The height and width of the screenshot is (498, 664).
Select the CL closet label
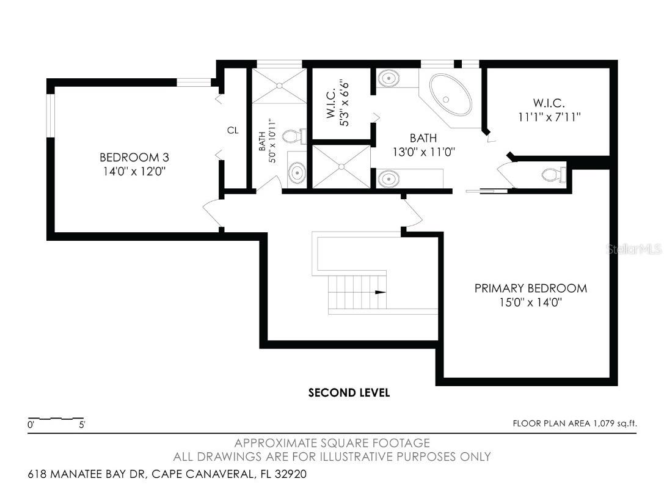(233, 130)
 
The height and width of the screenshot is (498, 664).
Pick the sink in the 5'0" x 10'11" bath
(297, 172)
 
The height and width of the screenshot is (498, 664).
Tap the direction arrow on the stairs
(380, 292)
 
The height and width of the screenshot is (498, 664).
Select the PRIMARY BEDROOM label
(530, 288)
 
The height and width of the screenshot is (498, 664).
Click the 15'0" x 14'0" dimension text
(530, 302)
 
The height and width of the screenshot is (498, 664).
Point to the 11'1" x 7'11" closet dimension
(547, 117)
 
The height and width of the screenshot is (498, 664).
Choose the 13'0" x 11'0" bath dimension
(424, 151)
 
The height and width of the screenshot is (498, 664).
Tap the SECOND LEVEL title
(349, 393)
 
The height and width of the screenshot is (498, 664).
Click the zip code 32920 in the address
(289, 474)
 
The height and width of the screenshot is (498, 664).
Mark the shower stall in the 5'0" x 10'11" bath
(279, 86)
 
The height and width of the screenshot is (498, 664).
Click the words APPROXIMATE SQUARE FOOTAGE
(332, 443)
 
